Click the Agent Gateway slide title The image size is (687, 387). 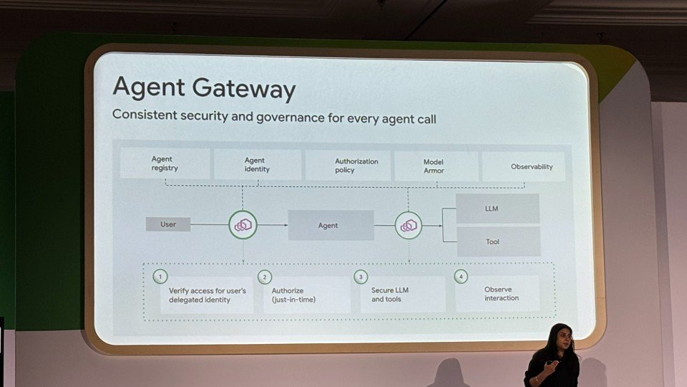[204, 89]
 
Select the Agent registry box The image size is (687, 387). [165, 164]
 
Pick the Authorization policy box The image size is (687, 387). [349, 166]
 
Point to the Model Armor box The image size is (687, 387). [435, 166]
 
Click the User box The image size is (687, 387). [168, 224]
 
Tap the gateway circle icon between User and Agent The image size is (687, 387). [243, 225]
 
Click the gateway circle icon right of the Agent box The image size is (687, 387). [409, 226]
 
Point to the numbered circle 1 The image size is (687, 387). [161, 276]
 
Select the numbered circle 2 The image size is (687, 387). [265, 277]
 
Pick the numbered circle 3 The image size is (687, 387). [361, 277]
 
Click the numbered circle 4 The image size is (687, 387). [461, 276]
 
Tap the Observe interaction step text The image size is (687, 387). [501, 294]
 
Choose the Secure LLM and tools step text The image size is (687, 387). [386, 295]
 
